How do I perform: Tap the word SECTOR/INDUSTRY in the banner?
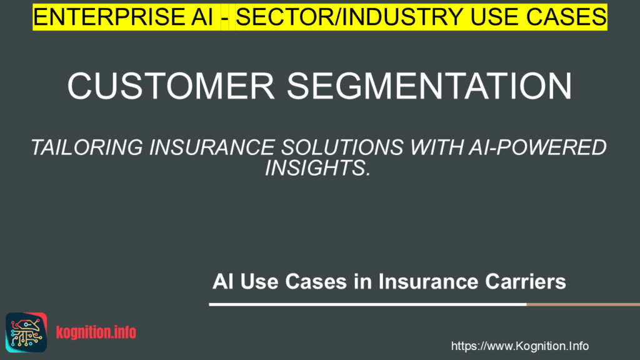pos(349,17)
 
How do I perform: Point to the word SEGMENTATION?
pos(430,86)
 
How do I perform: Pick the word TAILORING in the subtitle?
pos(87,147)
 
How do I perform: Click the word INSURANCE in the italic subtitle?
pos(212,147)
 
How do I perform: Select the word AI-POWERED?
pos(537,147)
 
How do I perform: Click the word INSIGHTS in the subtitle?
pos(317,167)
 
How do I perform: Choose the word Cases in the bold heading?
pos(316,282)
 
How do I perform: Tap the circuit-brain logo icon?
pos(26,332)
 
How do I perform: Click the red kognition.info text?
pos(96,332)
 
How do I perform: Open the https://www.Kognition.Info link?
pos(519,346)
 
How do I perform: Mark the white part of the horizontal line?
pos(367,304)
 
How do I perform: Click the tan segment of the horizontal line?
pos(583,304)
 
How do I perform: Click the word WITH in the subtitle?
pos(436,147)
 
